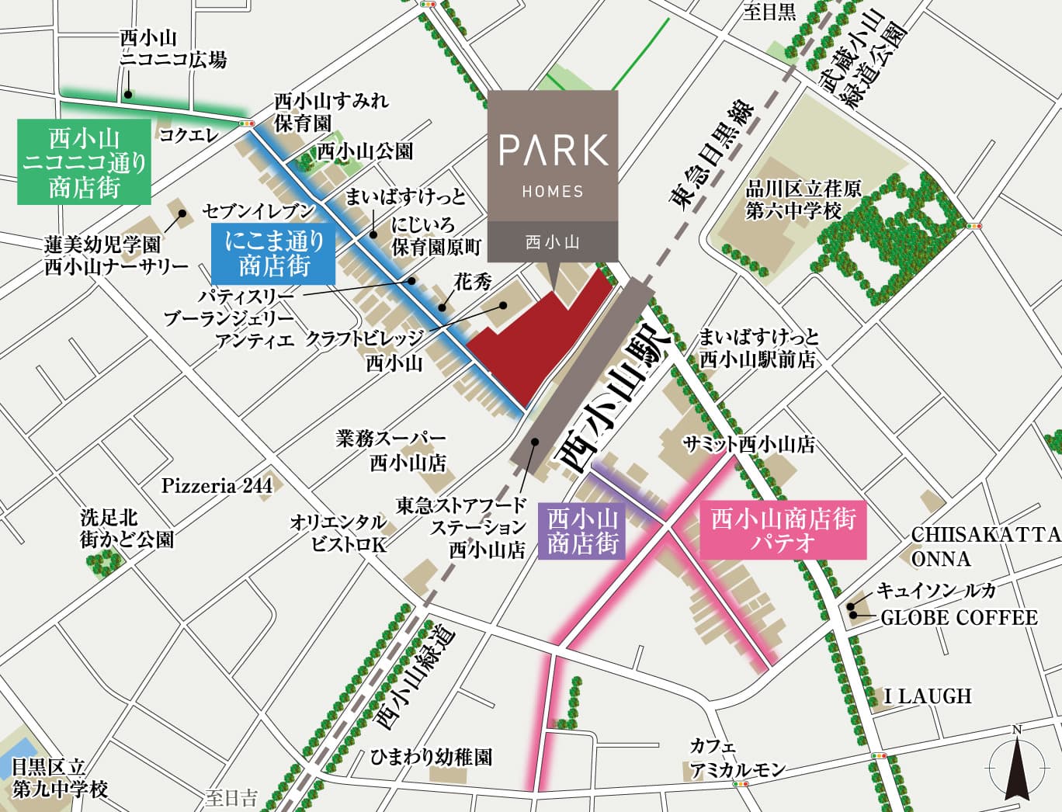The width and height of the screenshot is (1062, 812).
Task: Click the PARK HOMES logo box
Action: pos(553,175)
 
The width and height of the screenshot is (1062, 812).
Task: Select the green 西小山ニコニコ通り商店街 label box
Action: pos(84,161)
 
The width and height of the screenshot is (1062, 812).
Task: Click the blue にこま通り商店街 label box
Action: pos(273,253)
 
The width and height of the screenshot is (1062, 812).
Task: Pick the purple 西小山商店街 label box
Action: pos(582,531)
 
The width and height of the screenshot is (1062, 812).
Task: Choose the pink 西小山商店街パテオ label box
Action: pos(783,530)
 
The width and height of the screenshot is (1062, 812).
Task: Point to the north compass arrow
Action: pos(1016,765)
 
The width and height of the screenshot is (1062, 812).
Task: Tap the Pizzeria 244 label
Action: pos(217,486)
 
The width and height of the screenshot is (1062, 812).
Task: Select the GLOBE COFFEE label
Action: pos(959,618)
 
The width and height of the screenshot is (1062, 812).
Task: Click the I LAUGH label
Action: pos(928,696)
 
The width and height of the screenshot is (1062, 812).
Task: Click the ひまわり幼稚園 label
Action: pos(431,757)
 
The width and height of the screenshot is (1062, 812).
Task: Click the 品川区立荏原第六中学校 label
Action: pos(803,200)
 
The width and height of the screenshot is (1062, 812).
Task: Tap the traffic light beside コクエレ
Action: pos(247,123)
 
